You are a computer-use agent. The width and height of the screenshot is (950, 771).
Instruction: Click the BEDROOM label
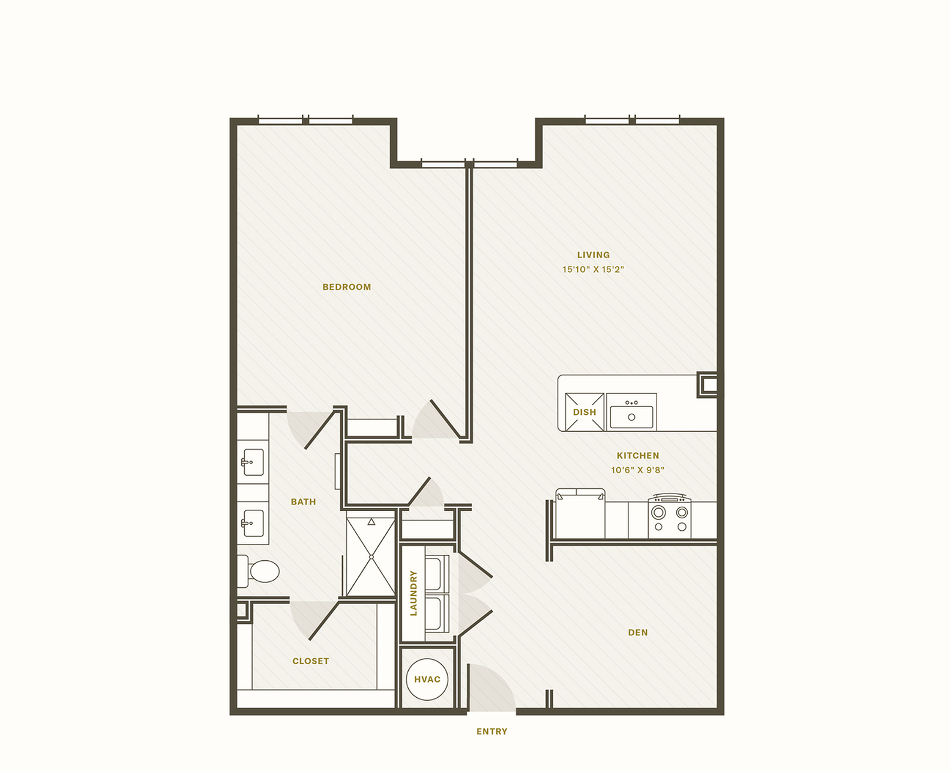(346, 287)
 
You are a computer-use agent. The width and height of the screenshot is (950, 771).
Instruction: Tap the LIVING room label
(593, 255)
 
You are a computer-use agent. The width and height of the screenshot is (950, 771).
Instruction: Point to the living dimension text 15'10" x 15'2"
(593, 270)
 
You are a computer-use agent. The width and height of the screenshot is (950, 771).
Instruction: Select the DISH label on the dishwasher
(584, 412)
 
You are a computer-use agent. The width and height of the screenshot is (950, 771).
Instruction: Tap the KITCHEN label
(637, 456)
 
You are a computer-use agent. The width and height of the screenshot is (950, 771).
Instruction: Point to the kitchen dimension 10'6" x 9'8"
(637, 470)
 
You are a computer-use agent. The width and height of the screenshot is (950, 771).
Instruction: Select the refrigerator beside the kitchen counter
(580, 515)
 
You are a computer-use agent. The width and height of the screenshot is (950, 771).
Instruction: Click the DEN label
(637, 632)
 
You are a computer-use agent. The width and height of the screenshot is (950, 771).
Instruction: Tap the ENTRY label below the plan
(492, 731)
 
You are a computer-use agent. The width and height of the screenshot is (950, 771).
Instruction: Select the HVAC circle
(427, 679)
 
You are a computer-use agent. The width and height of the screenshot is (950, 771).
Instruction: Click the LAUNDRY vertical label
(413, 593)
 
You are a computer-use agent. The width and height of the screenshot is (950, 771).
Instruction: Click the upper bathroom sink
(253, 462)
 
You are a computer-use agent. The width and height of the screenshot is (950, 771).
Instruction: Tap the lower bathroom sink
(253, 523)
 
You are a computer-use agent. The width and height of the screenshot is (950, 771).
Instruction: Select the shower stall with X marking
(371, 557)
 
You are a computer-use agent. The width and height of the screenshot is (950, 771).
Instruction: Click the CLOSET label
(310, 661)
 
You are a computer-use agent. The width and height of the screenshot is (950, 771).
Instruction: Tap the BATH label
(303, 502)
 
